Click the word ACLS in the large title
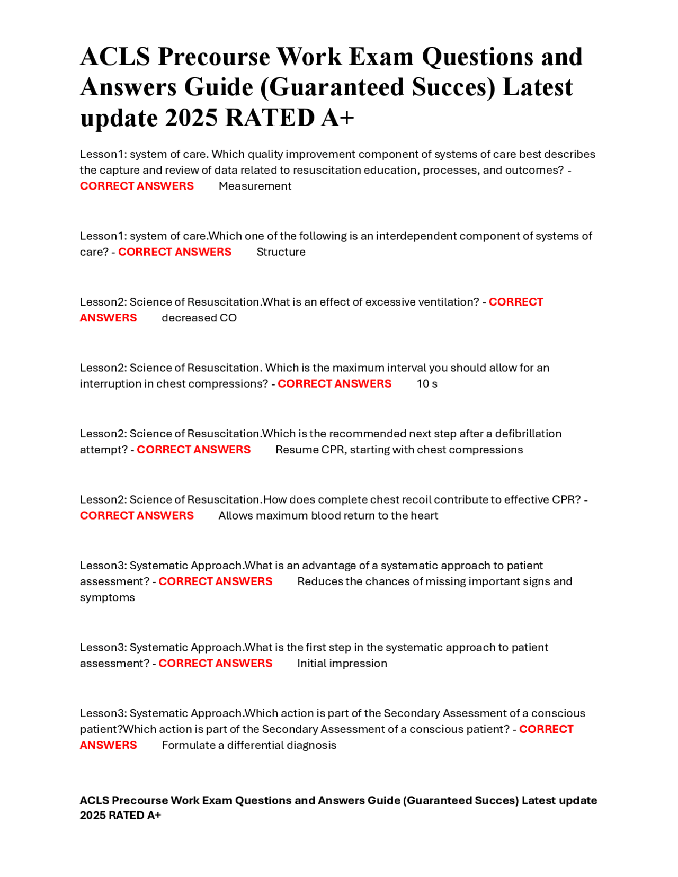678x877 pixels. click(115, 57)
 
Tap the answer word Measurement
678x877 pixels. click(255, 186)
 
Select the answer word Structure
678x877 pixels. click(281, 252)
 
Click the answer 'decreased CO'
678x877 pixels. click(199, 318)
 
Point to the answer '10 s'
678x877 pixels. click(427, 384)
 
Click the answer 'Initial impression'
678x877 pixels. click(342, 664)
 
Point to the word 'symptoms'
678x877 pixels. click(108, 598)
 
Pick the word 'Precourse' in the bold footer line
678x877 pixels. click(139, 801)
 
